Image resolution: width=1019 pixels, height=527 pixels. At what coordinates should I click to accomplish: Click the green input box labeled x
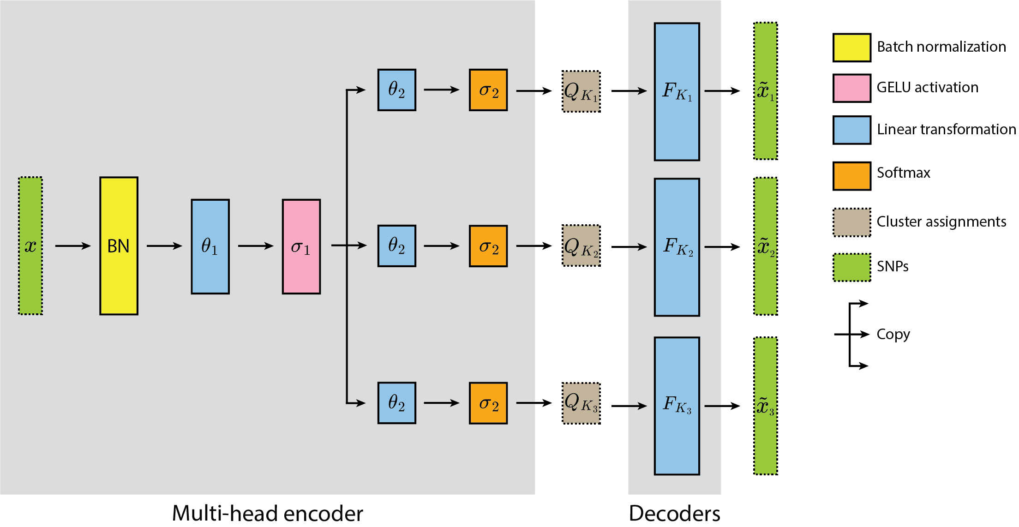pyautogui.click(x=30, y=246)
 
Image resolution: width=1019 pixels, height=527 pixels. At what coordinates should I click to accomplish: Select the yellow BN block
pyautogui.click(x=119, y=246)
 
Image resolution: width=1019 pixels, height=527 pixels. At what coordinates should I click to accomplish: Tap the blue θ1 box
pyautogui.click(x=210, y=246)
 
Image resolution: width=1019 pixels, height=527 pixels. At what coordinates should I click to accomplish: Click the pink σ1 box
pyautogui.click(x=301, y=246)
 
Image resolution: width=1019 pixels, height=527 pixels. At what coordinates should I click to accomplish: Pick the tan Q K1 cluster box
pyautogui.click(x=581, y=91)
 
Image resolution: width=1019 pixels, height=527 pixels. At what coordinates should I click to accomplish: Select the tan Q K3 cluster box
pyautogui.click(x=581, y=403)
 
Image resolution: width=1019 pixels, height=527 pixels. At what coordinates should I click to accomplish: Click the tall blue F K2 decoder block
pyautogui.click(x=677, y=247)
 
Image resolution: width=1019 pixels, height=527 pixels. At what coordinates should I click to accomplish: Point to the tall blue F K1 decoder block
pyautogui.click(x=677, y=91)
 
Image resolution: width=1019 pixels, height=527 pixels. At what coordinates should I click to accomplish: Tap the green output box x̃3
pyautogui.click(x=765, y=406)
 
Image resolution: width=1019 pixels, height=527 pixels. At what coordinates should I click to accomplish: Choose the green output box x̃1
pyautogui.click(x=765, y=91)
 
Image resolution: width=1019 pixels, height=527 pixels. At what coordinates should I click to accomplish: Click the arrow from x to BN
pyautogui.click(x=72, y=246)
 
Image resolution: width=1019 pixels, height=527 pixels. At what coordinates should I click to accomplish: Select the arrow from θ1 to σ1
pyautogui.click(x=255, y=246)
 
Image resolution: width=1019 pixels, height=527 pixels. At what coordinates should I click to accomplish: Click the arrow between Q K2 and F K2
pyautogui.click(x=629, y=247)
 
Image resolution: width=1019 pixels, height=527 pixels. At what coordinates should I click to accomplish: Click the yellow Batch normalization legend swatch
pyautogui.click(x=851, y=48)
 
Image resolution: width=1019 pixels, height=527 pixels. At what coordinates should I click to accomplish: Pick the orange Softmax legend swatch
pyautogui.click(x=851, y=175)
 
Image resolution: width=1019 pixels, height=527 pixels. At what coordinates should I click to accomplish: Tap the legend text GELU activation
pyautogui.click(x=927, y=87)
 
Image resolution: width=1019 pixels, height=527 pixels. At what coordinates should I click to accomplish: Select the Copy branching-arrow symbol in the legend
pyautogui.click(x=851, y=334)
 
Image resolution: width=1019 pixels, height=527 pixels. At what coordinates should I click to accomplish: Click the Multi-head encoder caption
pyautogui.click(x=267, y=513)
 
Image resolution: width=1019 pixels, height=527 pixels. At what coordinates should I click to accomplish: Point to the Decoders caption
pyautogui.click(x=674, y=513)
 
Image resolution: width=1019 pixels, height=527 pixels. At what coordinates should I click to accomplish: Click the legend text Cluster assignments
pyautogui.click(x=941, y=222)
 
